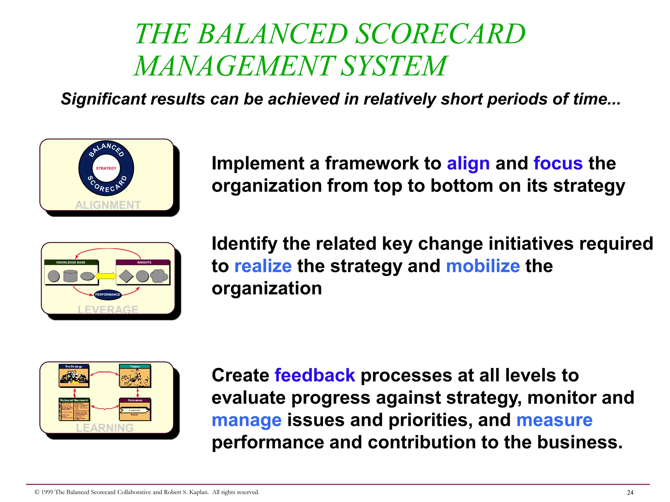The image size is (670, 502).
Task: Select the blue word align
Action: coord(468,163)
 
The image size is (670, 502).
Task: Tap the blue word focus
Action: coord(558,163)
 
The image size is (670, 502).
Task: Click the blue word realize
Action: coord(263,266)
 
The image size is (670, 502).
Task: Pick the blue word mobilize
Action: coord(483,266)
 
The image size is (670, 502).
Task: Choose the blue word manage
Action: coord(246,420)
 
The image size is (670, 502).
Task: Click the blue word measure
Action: coord(554,420)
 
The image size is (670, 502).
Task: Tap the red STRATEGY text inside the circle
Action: coord(106,168)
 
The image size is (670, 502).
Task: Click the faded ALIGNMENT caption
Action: coord(108,205)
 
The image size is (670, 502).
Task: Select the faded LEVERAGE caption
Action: coord(108,309)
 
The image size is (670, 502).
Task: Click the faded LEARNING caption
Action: coord(105,427)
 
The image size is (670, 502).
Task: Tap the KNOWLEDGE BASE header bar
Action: coord(71,262)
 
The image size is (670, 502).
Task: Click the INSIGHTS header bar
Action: coord(143,262)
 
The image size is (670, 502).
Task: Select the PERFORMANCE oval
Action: coord(108,294)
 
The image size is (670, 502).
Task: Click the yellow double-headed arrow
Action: coord(106,276)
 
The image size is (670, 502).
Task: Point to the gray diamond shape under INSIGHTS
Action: coord(126,276)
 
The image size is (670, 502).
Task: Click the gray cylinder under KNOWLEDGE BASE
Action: coord(70,276)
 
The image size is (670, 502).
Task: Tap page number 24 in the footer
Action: coord(630,493)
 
